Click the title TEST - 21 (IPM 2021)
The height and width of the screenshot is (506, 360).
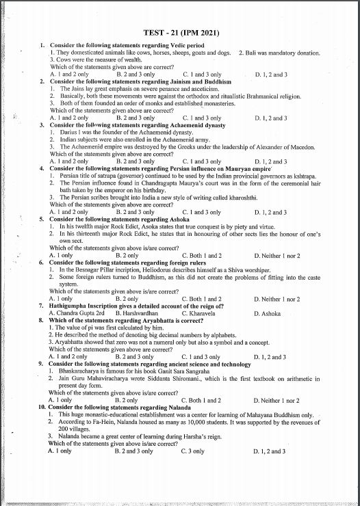pos(180,33)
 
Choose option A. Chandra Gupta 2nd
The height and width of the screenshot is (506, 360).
pos(75,313)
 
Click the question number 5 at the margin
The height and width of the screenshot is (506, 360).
pos(42,218)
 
